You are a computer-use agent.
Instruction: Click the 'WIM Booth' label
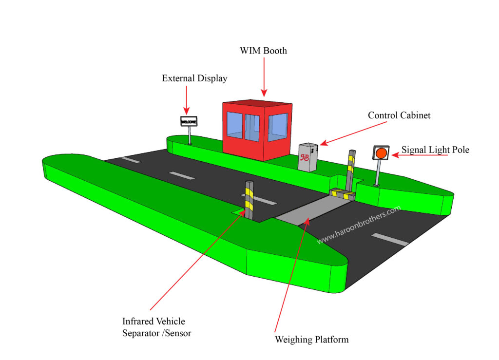(x=263, y=51)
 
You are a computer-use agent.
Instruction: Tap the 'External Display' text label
(x=194, y=78)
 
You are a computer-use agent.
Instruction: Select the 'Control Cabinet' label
(x=399, y=115)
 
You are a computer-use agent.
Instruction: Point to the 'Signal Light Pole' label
(x=435, y=150)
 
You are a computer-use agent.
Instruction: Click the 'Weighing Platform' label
(x=311, y=340)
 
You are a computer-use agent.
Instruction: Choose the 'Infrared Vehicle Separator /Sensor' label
(x=156, y=327)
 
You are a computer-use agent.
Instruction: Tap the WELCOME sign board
(x=189, y=121)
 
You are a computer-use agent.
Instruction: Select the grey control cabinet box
(x=308, y=157)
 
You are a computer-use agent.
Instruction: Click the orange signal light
(x=381, y=153)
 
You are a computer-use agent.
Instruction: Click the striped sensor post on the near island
(x=249, y=200)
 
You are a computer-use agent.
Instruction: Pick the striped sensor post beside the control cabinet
(x=351, y=170)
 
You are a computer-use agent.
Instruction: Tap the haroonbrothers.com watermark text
(x=359, y=225)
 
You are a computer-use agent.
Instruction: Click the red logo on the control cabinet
(x=305, y=157)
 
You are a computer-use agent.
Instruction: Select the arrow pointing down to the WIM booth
(x=264, y=77)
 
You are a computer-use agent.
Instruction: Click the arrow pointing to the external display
(x=187, y=100)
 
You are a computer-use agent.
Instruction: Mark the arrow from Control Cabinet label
(x=353, y=133)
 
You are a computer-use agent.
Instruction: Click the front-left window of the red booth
(x=234, y=125)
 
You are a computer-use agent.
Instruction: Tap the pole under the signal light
(x=378, y=172)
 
